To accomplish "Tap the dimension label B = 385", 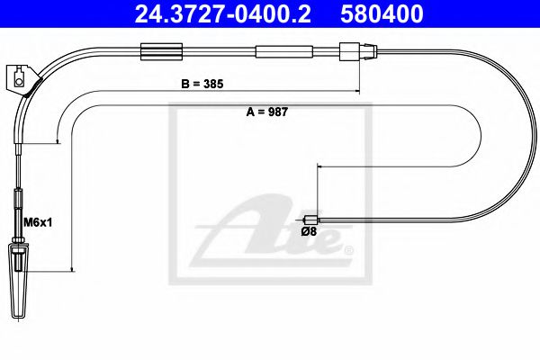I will coord(202,82).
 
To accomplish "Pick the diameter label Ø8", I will coord(308,231).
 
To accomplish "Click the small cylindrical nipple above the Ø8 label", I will coord(312,219).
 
